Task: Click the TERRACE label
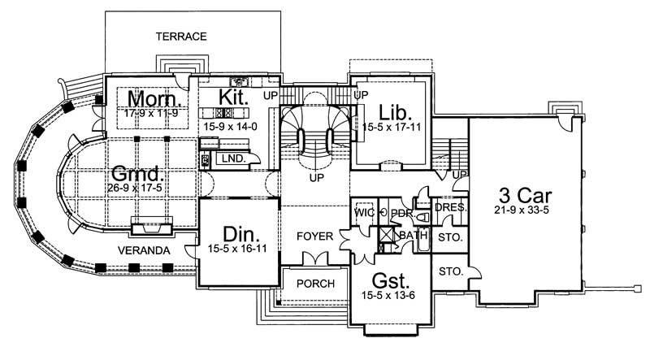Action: point(181,37)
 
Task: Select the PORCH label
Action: point(313,284)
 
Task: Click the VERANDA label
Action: point(143,251)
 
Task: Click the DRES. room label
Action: point(450,208)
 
